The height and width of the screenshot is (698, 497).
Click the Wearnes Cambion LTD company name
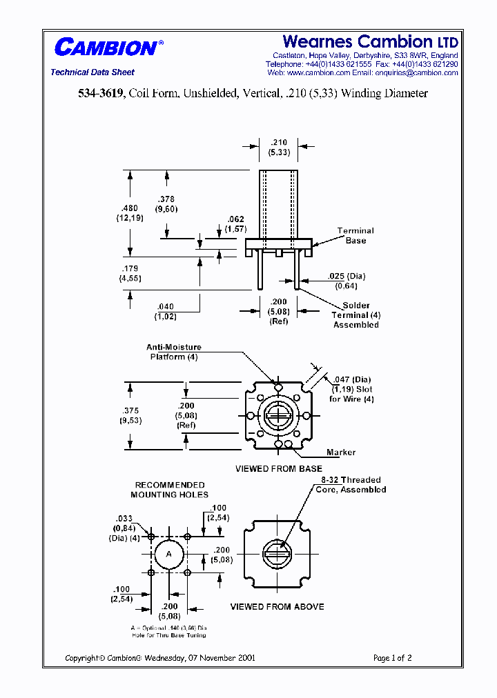click(x=370, y=41)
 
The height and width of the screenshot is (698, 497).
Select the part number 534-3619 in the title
click(x=101, y=93)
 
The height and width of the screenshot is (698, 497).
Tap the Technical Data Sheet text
click(x=92, y=72)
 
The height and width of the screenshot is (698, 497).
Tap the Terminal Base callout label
click(x=355, y=235)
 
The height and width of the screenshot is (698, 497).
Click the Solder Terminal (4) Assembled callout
click(x=356, y=315)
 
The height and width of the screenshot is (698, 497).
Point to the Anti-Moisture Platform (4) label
click(x=173, y=352)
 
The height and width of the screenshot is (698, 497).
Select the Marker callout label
click(x=341, y=452)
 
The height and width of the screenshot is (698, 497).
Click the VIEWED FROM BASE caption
click(x=278, y=469)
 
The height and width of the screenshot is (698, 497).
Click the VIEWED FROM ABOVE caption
click(x=277, y=607)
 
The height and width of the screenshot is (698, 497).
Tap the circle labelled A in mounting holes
click(x=169, y=554)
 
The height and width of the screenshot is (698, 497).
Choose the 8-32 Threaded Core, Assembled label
click(x=352, y=485)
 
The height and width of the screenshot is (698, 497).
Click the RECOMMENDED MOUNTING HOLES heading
click(x=169, y=490)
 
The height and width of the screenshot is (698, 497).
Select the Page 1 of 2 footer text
click(x=392, y=658)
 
